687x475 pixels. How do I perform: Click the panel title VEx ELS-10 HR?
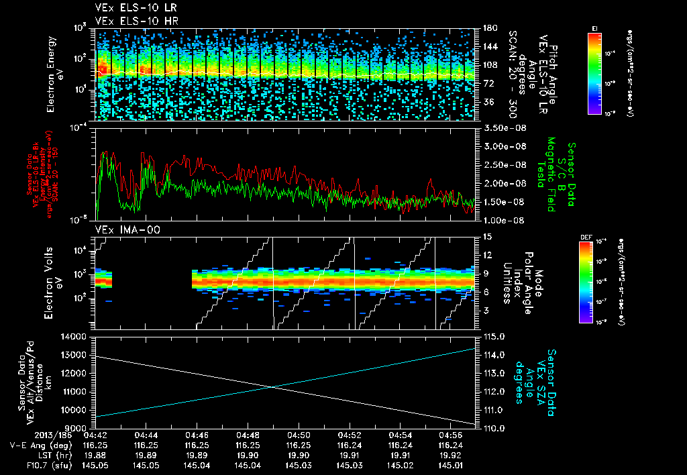(131, 21)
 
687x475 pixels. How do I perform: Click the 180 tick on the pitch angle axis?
(489, 28)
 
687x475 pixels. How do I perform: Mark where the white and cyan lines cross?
(271, 386)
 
